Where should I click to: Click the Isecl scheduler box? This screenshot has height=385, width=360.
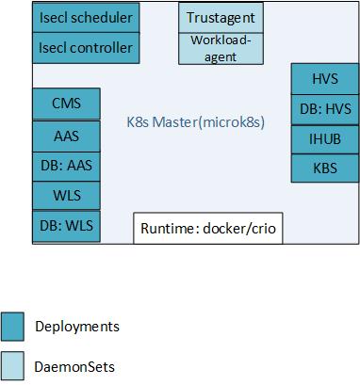click(86, 18)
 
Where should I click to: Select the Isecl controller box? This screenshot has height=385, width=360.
click(86, 48)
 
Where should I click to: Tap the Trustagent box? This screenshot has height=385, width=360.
click(221, 18)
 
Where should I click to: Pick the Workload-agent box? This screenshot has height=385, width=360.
click(221, 49)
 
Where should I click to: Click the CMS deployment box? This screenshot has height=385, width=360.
click(66, 104)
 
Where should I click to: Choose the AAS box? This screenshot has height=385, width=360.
click(66, 136)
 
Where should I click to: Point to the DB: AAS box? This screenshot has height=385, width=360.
click(66, 166)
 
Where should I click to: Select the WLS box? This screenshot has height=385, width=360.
click(66, 196)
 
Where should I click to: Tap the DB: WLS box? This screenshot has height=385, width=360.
click(66, 226)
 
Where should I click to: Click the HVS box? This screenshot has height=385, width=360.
click(324, 79)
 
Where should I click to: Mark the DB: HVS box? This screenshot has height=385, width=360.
click(324, 109)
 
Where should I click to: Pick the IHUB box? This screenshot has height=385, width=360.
click(324, 139)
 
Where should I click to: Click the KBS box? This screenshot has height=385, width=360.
click(324, 168)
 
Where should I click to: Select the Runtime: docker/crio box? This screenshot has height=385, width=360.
click(207, 229)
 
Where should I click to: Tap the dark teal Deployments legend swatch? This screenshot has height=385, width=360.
click(13, 327)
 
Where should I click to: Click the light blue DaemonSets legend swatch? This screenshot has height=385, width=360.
click(13, 367)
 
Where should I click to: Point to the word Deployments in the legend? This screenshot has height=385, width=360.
click(77, 327)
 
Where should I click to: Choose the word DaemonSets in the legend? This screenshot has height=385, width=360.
click(74, 367)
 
